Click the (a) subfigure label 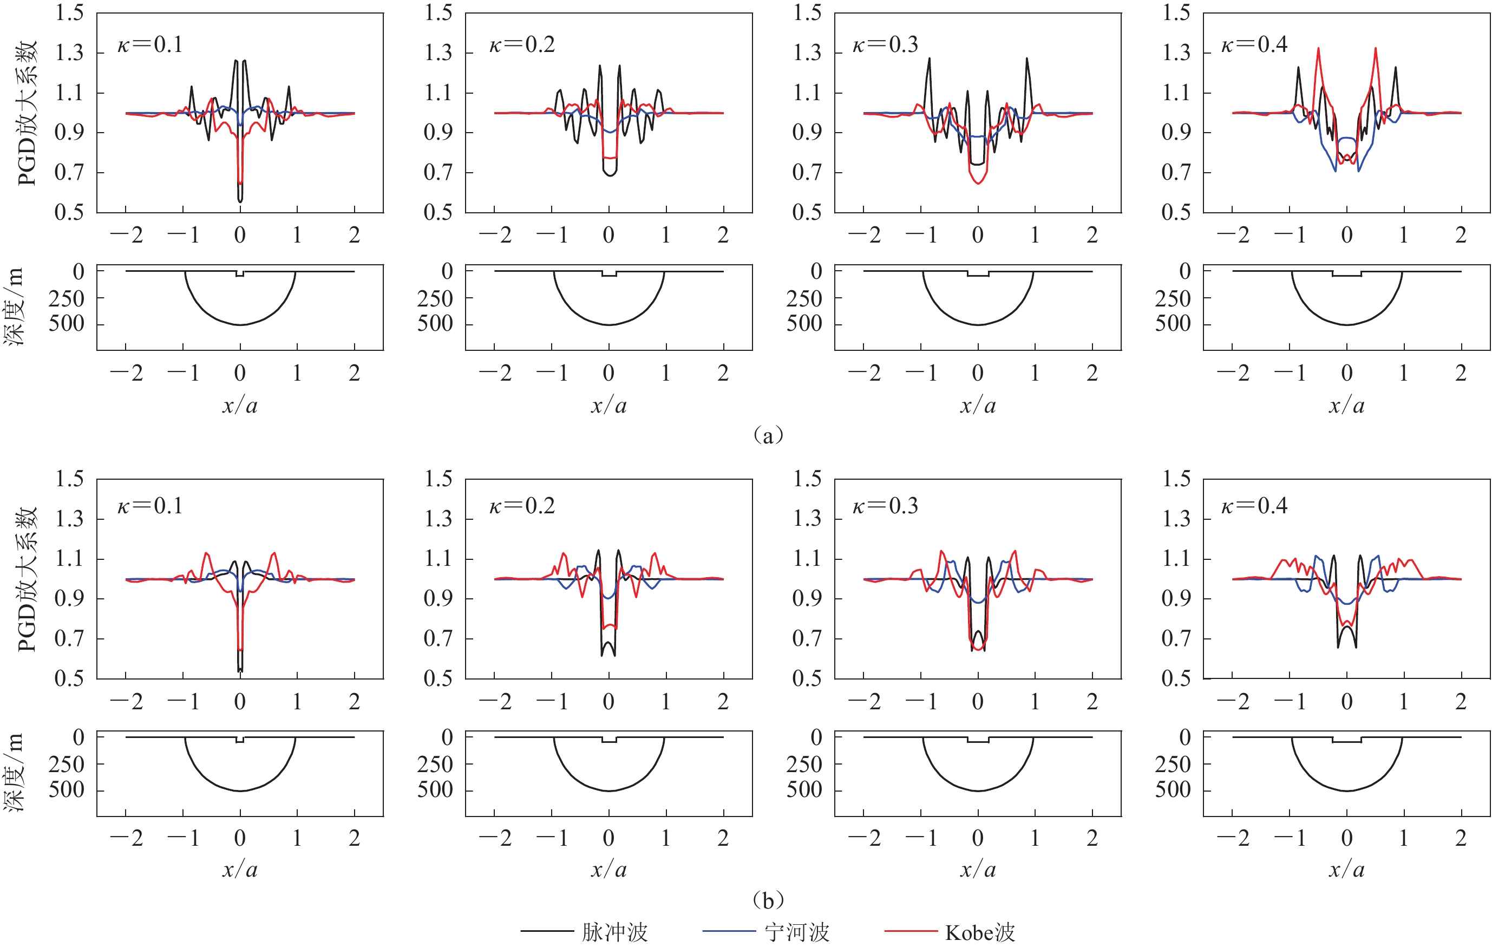(x=768, y=435)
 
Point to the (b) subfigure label (x=768, y=899)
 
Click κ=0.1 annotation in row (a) (x=150, y=44)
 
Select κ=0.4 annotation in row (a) (x=1254, y=44)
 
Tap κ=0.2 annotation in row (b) (x=522, y=506)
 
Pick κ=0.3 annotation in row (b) (x=886, y=506)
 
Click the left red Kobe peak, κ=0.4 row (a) (x=1318, y=48)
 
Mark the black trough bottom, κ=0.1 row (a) (x=240, y=201)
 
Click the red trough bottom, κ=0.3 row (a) (x=978, y=184)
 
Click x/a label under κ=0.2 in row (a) (x=608, y=406)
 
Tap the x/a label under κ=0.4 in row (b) (x=1346, y=870)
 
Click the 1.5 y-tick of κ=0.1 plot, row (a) (x=69, y=13)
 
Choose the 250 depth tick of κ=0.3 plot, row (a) (x=804, y=299)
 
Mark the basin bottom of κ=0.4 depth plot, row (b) (x=1346, y=790)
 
